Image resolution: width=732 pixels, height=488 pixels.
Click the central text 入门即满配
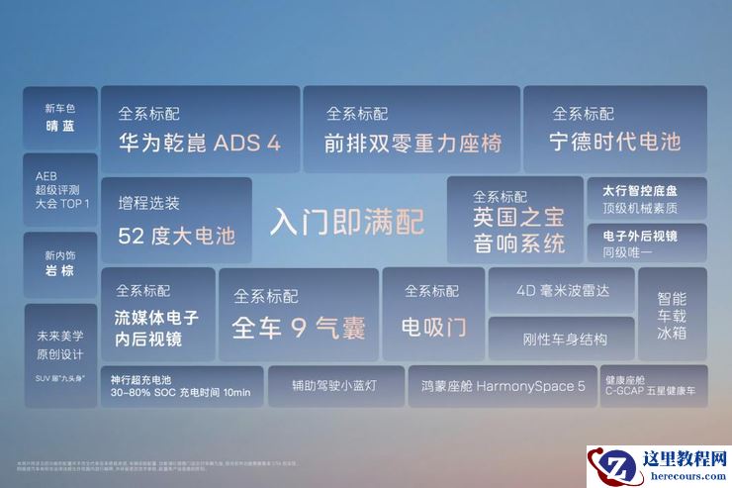coord(346,221)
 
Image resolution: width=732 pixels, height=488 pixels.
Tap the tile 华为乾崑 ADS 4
coord(200,130)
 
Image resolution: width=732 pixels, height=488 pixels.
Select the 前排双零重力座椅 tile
coord(412,130)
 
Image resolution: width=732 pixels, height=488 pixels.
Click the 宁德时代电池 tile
coord(614,130)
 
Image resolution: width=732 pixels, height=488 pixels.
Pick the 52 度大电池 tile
coord(177,220)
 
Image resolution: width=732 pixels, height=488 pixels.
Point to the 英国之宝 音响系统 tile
coord(514,220)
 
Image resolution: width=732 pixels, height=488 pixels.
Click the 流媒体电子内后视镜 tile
coord(158,314)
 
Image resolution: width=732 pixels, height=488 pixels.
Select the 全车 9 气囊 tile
coord(299,314)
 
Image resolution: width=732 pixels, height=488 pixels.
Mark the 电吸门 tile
coord(432,314)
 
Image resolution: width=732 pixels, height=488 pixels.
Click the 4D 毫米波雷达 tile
coord(561,291)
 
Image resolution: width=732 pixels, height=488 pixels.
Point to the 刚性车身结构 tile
coord(561,339)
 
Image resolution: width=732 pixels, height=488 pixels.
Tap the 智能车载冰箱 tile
coord(672,314)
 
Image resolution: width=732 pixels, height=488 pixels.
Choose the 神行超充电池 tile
coord(182,386)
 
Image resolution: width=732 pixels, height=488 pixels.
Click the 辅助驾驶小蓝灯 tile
coord(334,386)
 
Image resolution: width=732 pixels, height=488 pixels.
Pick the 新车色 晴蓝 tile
coord(60,117)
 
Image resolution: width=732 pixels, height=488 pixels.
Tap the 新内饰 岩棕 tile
coord(60,263)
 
